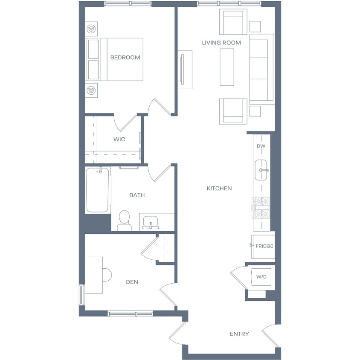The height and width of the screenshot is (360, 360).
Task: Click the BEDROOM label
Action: [125, 58]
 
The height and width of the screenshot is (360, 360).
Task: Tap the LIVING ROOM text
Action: [221, 43]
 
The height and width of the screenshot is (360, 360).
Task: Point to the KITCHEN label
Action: [219, 189]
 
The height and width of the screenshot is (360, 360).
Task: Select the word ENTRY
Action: [239, 334]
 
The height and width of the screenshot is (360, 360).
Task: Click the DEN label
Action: [132, 282]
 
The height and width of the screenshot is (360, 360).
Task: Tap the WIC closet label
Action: [119, 139]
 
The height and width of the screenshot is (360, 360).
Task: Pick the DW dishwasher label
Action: [261, 146]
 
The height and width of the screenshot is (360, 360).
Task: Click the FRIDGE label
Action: [264, 246]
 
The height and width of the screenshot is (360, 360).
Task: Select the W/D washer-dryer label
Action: [261, 277]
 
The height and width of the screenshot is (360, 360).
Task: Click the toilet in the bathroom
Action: [125, 221]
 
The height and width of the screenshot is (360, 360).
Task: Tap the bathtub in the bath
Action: [98, 190]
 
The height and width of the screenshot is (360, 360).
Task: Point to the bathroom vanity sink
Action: [151, 222]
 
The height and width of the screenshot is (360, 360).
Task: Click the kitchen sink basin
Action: [261, 170]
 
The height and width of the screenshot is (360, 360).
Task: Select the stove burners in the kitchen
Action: [261, 208]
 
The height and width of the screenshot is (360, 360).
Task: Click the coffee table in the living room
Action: [227, 67]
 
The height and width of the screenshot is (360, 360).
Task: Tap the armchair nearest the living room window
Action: [233, 22]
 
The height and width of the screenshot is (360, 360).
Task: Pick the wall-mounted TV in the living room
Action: [183, 70]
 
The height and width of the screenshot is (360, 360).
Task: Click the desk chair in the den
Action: [107, 275]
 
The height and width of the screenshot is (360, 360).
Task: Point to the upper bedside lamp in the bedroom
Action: [91, 29]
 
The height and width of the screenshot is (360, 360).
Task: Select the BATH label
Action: [137, 195]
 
